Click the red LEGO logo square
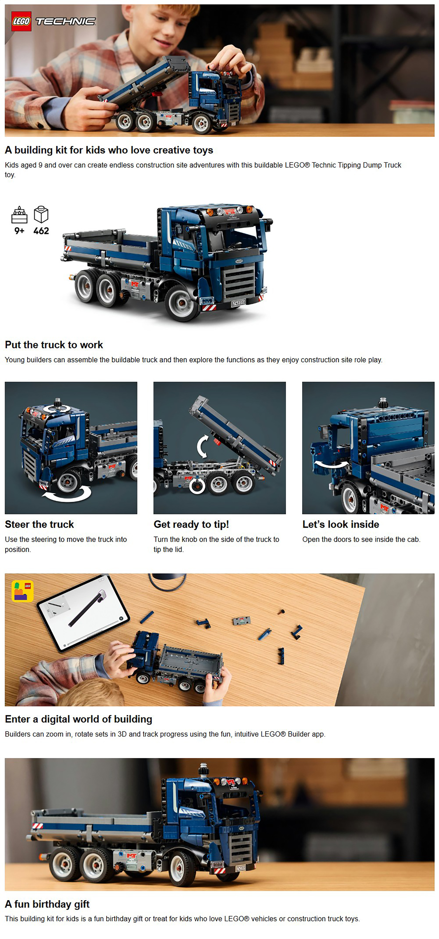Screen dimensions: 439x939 (21, 21)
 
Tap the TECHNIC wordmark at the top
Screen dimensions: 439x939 (66, 22)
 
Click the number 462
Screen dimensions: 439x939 (41, 231)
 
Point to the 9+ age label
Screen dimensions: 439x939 (19, 231)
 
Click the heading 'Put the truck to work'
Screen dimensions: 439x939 (54, 345)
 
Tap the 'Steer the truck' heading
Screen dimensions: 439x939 (39, 524)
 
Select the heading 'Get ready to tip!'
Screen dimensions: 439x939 (191, 524)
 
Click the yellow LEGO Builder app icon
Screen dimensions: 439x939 (23, 591)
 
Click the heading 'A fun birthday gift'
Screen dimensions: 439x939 (47, 904)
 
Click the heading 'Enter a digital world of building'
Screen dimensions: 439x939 (78, 719)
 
